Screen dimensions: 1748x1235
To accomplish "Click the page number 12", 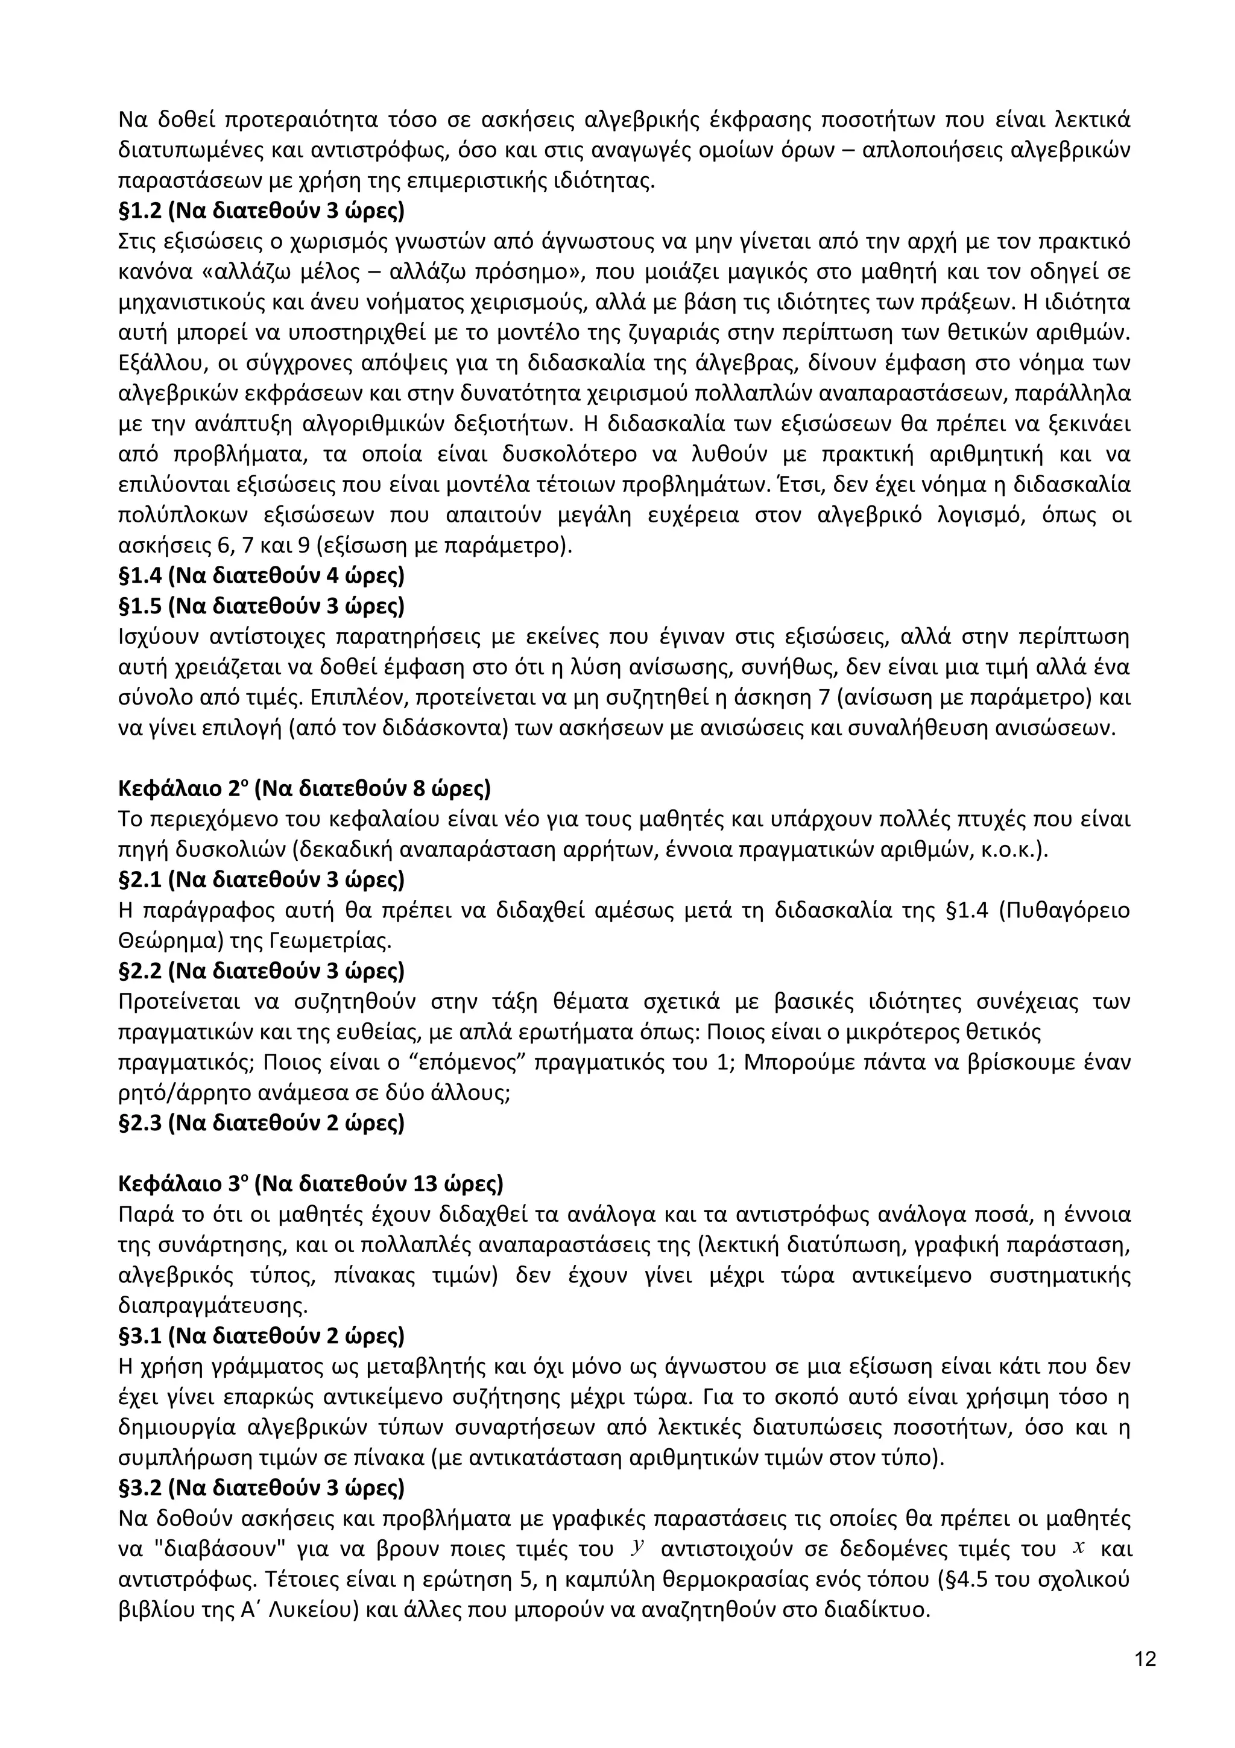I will [x=1145, y=1659].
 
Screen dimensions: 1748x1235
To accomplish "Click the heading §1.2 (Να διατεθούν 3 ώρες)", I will [x=261, y=211].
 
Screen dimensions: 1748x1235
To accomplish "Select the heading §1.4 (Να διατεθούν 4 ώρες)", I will [x=261, y=575].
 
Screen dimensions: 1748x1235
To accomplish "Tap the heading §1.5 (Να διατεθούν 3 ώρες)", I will [x=261, y=606].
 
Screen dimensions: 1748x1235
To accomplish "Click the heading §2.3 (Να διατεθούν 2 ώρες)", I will [x=261, y=1123].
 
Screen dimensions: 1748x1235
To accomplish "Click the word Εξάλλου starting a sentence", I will [x=160, y=363].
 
